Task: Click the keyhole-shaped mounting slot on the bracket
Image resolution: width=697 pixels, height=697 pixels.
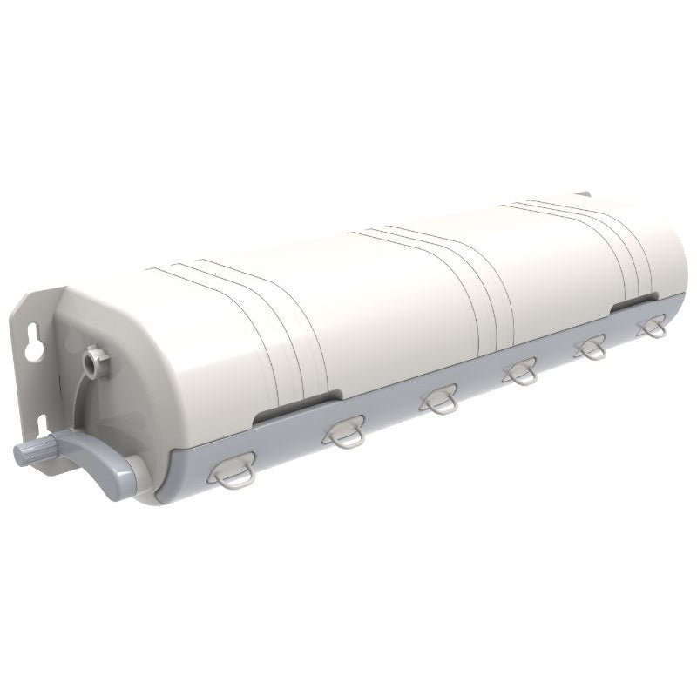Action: tap(34, 344)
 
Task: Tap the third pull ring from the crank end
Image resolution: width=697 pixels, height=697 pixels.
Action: tap(437, 400)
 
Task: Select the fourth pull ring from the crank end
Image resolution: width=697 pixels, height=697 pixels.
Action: tap(520, 372)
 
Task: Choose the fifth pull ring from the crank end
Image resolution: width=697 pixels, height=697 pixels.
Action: tap(591, 348)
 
